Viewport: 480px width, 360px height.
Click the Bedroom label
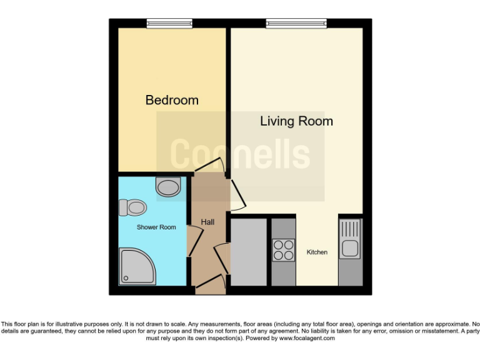tap(172, 100)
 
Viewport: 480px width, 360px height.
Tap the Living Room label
tap(296, 121)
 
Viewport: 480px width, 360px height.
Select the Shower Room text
tap(156, 227)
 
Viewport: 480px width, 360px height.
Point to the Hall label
tap(207, 222)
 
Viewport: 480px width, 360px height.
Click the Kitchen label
tap(317, 252)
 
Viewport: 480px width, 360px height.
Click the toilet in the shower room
tap(132, 206)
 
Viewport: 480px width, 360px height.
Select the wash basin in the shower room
tap(168, 186)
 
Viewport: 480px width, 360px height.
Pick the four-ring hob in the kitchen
tap(283, 250)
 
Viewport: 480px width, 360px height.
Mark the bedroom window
tap(169, 24)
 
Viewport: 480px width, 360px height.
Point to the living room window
tap(296, 24)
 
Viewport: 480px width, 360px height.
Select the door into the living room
tap(236, 194)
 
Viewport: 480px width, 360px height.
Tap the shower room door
tap(194, 240)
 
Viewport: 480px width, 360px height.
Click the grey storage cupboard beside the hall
tap(249, 252)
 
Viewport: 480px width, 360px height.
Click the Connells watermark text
tap(240, 154)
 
